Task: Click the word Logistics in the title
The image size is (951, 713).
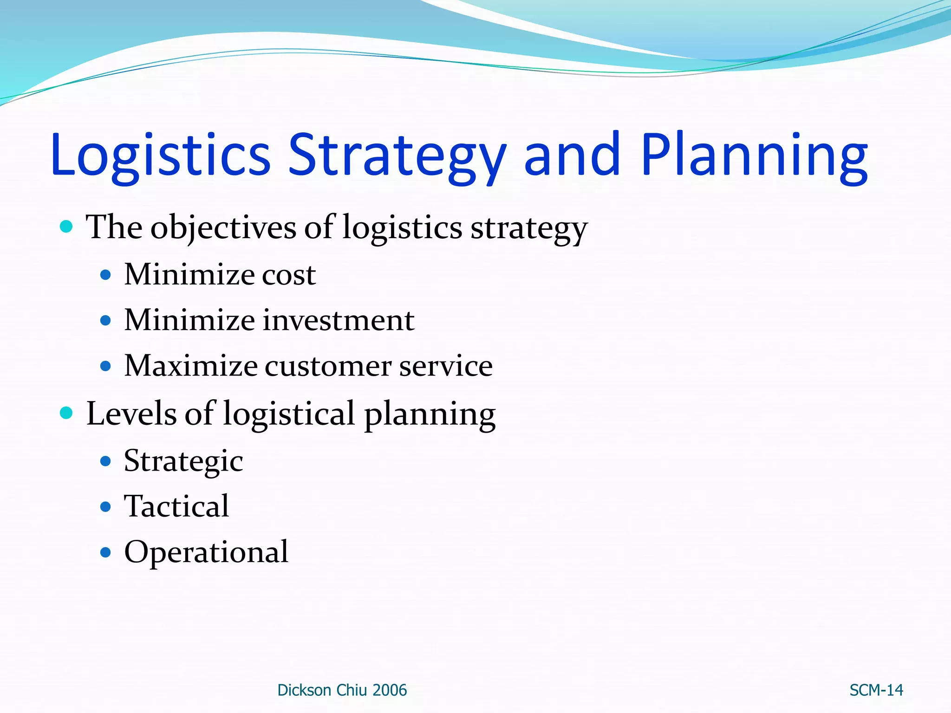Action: click(x=160, y=156)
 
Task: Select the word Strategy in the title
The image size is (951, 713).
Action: click(x=397, y=156)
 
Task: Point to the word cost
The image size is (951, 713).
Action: click(x=289, y=275)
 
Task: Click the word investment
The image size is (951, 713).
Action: click(x=339, y=321)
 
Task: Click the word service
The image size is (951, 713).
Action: click(x=446, y=366)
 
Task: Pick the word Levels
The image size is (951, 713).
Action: click(x=131, y=414)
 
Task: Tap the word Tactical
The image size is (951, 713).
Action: click(x=176, y=506)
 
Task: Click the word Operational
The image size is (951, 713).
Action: click(x=206, y=553)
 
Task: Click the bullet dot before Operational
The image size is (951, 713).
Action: click(x=106, y=552)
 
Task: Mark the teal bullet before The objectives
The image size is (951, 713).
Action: click(x=67, y=227)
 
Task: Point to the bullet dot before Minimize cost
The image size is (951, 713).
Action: click(x=106, y=275)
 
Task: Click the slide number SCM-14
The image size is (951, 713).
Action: click(x=876, y=690)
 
